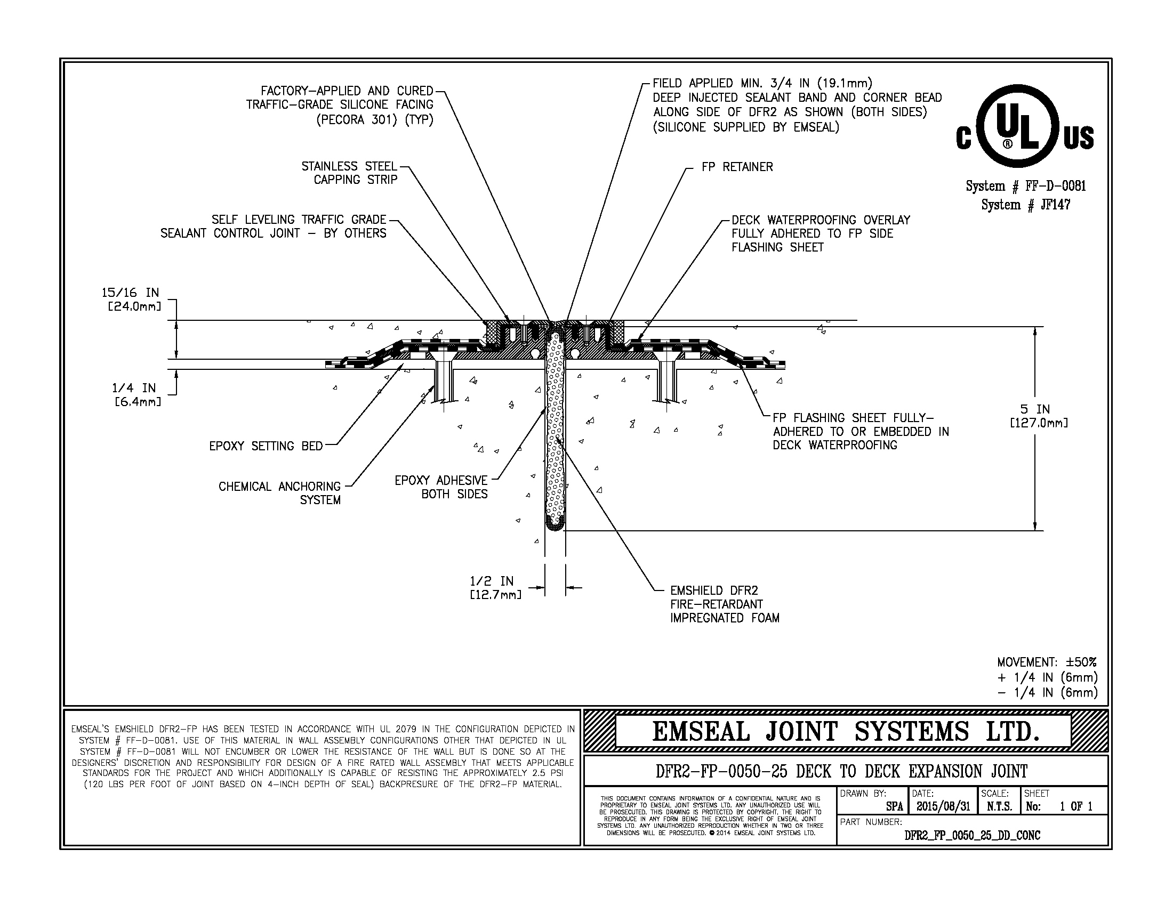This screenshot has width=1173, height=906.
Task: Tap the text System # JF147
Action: tap(1025, 205)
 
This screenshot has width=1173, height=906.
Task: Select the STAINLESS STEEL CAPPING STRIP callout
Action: tap(349, 173)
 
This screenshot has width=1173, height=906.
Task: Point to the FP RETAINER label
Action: tap(737, 167)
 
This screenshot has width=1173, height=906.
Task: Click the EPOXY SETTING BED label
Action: tap(266, 446)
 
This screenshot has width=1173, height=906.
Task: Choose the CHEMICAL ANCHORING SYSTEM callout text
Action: tap(280, 493)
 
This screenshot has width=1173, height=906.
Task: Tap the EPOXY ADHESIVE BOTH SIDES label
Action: tap(441, 487)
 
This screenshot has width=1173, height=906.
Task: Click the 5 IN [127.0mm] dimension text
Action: tap(1039, 416)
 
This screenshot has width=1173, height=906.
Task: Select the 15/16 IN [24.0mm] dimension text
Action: tap(131, 300)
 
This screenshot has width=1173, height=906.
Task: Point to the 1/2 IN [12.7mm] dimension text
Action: tap(494, 587)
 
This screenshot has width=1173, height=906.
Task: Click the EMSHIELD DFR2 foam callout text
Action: tap(724, 604)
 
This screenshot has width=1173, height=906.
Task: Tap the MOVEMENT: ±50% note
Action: tap(1047, 662)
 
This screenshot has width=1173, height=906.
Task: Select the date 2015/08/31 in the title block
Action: tap(943, 807)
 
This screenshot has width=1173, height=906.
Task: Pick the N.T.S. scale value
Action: tap(999, 807)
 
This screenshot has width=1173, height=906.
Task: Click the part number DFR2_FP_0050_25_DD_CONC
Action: tap(972, 836)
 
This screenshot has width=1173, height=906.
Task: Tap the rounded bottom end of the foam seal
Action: tap(555, 524)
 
